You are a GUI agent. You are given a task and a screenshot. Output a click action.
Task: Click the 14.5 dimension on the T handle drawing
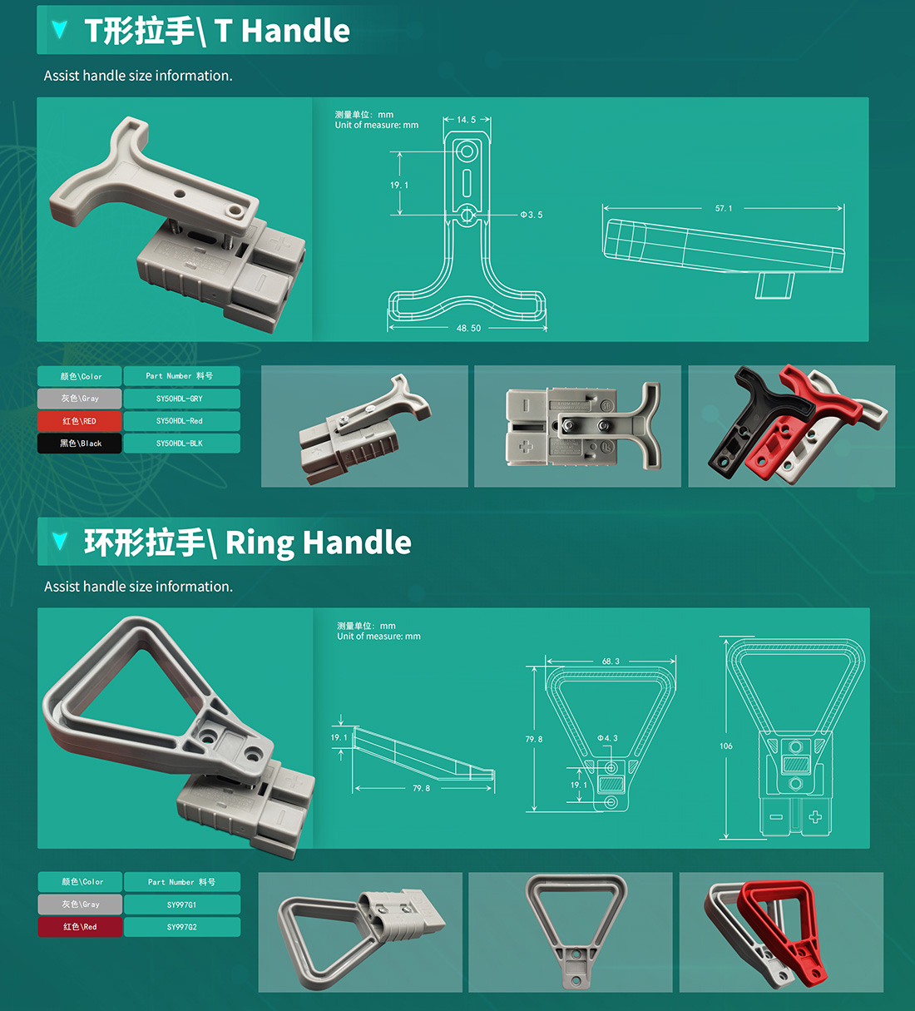(466, 120)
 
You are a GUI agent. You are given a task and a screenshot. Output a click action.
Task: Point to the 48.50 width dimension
(468, 328)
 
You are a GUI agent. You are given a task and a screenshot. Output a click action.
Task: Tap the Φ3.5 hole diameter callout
(531, 215)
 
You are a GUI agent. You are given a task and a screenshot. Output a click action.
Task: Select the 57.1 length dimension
(724, 208)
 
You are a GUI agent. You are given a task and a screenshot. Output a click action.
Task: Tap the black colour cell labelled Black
(80, 444)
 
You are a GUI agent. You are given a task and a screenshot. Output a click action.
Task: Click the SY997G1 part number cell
(182, 904)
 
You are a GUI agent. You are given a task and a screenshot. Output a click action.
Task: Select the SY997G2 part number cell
(182, 927)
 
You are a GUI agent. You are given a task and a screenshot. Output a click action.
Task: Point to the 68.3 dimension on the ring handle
(611, 662)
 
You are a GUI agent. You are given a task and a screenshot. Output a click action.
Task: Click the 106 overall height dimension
(726, 746)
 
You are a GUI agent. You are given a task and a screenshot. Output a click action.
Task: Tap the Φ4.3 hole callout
(608, 738)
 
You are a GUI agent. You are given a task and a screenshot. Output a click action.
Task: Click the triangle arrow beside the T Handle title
(59, 30)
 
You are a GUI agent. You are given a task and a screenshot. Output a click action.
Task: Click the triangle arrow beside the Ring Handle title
(60, 542)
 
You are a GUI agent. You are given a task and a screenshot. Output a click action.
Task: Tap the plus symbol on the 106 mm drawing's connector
(815, 817)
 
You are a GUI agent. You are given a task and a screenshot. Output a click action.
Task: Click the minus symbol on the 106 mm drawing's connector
(776, 817)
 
